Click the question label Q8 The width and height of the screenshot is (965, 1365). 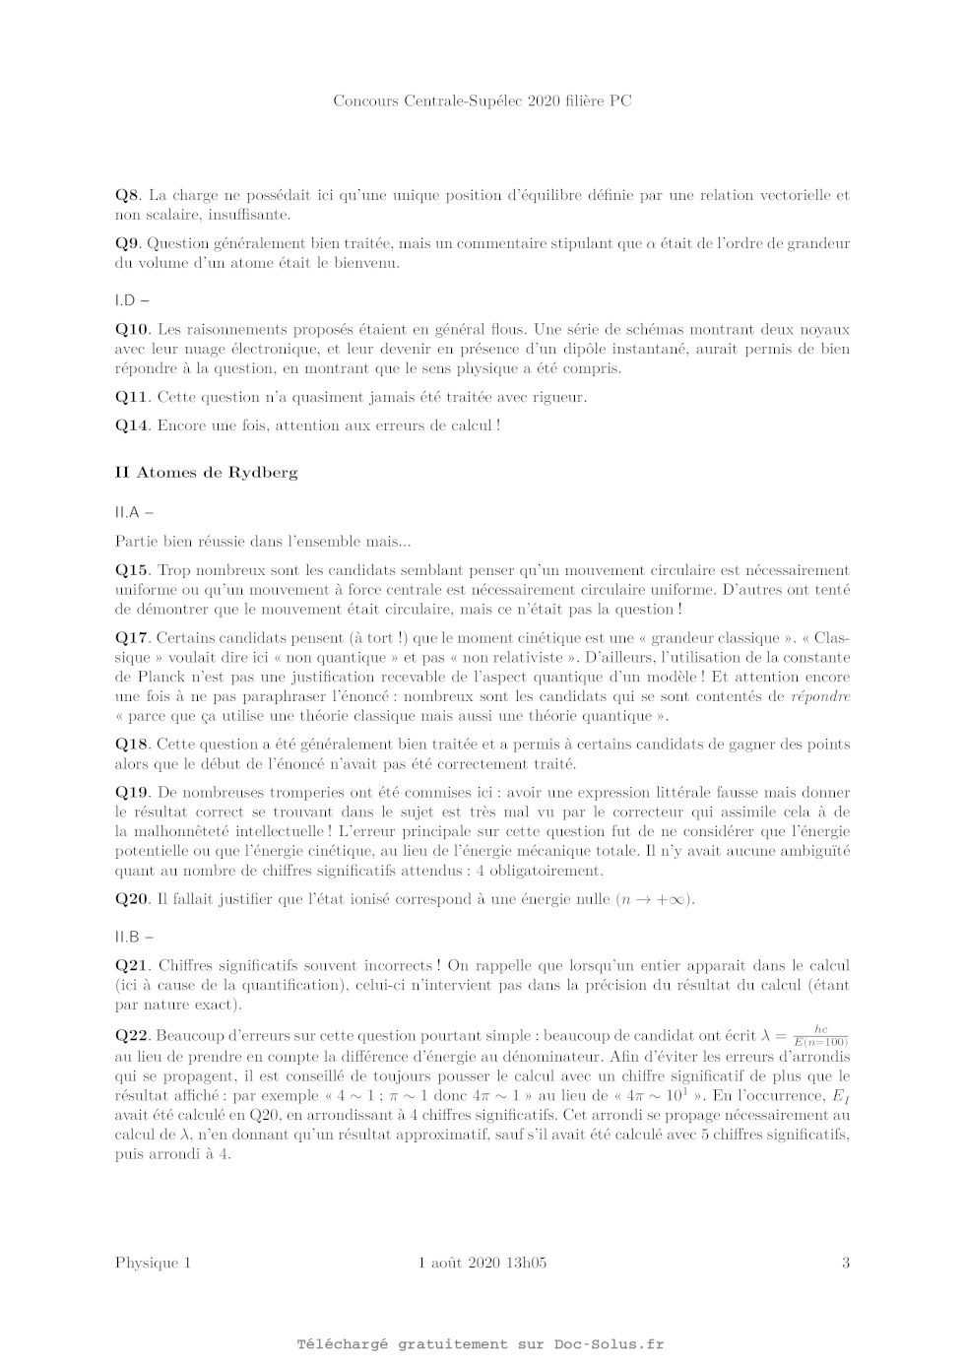[128, 195]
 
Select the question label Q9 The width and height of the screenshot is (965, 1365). [128, 243]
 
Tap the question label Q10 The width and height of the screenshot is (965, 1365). [132, 329]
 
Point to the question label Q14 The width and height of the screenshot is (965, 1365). [132, 425]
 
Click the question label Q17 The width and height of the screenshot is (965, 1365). [132, 637]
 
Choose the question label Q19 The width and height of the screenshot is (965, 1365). [132, 792]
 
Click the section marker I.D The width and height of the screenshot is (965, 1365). [126, 299]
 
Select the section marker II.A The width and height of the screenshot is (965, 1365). [128, 512]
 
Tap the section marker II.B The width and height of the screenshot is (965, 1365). [128, 937]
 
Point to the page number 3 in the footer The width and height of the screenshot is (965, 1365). [845, 1263]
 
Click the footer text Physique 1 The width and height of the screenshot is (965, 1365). [153, 1263]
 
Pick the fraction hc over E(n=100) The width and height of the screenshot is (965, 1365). [820, 1035]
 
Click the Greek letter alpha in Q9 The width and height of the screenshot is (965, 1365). [651, 244]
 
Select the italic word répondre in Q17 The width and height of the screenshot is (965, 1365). [820, 696]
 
